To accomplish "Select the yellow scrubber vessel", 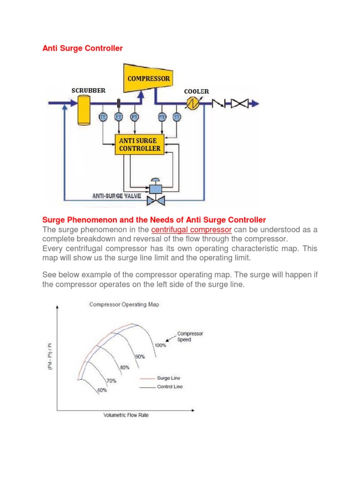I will tap(84, 107).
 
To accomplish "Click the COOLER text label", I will tap(196, 91).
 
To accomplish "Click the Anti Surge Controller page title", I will tap(82, 48).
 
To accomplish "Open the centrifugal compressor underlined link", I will tap(192, 230).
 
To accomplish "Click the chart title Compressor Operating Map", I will tap(124, 304).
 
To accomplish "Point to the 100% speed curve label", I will tap(160, 345).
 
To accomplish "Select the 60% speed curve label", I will tap(102, 390).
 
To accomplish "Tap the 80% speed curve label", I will tap(124, 367).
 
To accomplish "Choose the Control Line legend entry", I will tap(170, 387).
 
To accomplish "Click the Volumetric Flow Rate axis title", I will tap(126, 415).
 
